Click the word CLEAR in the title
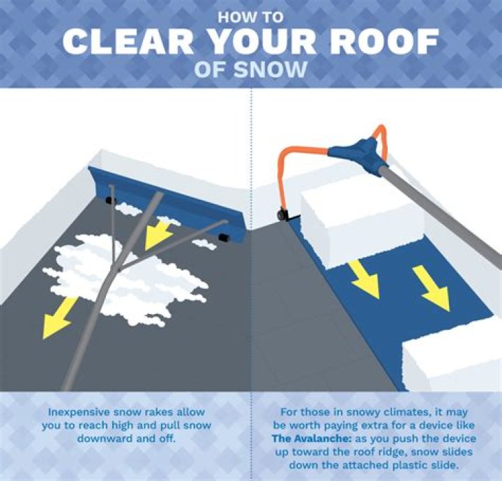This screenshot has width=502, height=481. (x=128, y=42)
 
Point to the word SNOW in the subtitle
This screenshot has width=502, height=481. (x=271, y=70)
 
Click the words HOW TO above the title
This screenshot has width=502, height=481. (x=251, y=17)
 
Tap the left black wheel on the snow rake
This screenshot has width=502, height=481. (x=110, y=200)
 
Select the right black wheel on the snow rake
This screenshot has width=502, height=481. (x=222, y=237)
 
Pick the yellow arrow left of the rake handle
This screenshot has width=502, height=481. (x=59, y=317)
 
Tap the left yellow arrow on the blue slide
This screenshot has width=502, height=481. (x=365, y=278)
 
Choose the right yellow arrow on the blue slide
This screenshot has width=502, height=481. (x=432, y=288)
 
